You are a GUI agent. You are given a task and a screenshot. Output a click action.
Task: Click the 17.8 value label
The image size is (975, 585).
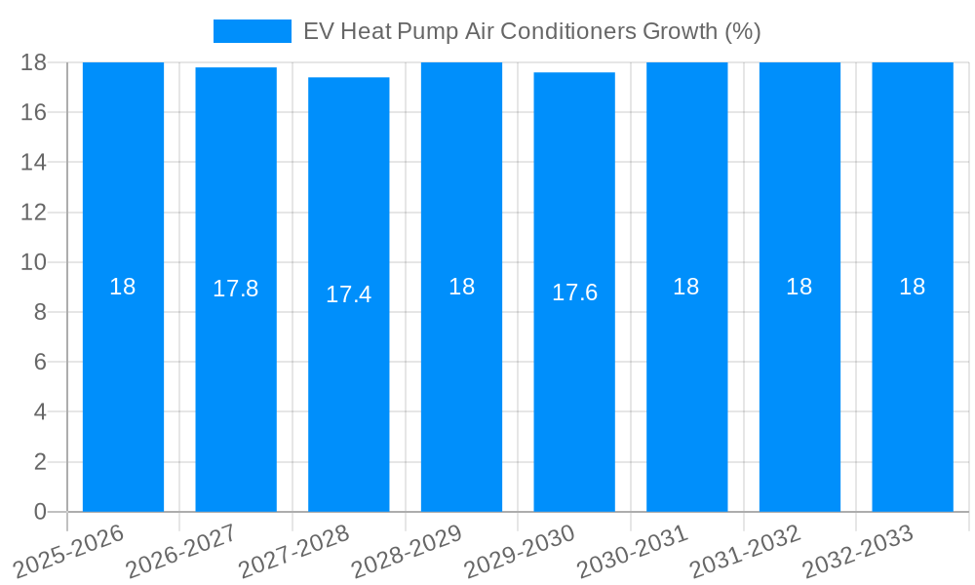click(236, 289)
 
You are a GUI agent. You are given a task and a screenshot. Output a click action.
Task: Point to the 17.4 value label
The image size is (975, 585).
click(348, 294)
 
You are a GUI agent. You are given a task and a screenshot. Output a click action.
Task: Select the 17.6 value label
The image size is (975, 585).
click(574, 292)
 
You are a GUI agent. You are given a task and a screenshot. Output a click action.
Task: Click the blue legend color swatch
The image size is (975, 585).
click(252, 31)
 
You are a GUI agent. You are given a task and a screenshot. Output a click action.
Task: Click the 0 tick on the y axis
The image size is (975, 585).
click(40, 512)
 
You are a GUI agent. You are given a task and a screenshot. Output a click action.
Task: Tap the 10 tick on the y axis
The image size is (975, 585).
click(34, 262)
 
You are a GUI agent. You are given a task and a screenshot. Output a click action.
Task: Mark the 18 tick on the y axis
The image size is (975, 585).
click(34, 62)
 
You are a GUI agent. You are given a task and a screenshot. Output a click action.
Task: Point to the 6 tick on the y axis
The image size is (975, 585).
click(40, 362)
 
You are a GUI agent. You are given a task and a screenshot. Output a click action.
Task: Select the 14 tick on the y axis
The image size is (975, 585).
click(34, 162)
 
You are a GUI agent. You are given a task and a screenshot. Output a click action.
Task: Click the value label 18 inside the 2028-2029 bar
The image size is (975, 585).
click(461, 287)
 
